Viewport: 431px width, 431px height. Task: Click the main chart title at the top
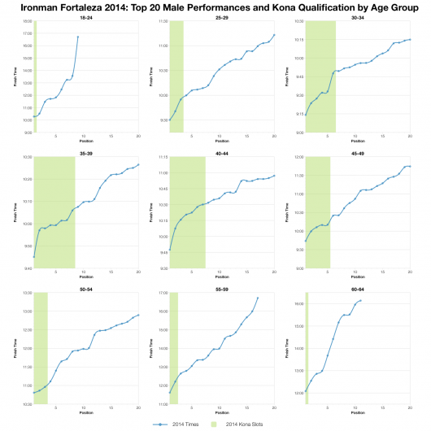click(215, 7)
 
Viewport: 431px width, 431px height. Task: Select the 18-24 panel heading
click(84, 17)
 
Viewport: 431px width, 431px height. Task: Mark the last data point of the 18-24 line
click(78, 37)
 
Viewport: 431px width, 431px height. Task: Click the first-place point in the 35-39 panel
click(34, 257)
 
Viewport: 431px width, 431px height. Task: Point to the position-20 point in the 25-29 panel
click(275, 35)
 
